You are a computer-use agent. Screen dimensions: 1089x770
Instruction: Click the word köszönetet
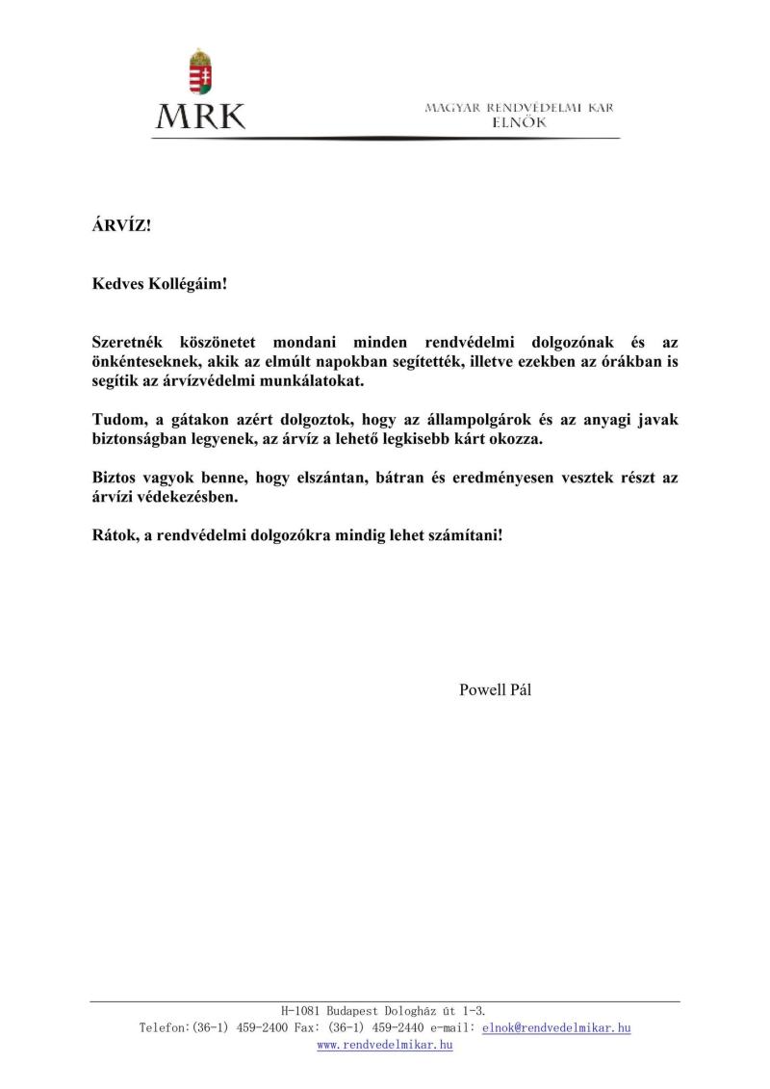pyautogui.click(x=219, y=344)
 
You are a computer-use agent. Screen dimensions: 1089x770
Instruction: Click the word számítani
pyautogui.click(x=467, y=534)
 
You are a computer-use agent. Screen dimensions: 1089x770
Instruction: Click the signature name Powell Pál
pyautogui.click(x=495, y=688)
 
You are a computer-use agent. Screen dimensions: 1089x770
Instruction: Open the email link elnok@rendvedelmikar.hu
pyautogui.click(x=556, y=1028)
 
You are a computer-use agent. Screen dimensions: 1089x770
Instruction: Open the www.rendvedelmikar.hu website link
pyautogui.click(x=385, y=1045)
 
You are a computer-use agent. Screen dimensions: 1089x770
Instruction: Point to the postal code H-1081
pyautogui.click(x=301, y=1011)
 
